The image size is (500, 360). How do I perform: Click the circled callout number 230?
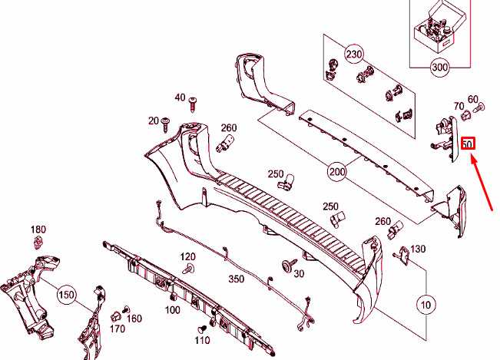point(354,54)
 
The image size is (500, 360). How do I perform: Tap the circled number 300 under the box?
point(440,68)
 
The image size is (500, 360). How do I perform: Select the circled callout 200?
point(336,172)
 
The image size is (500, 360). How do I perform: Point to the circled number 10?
point(426,305)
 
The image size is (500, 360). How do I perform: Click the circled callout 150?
point(67,295)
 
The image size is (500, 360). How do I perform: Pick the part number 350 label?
point(237,279)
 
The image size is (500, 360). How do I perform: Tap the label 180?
point(38,230)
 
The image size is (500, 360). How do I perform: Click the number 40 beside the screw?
point(180,97)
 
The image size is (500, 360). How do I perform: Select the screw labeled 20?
point(165,124)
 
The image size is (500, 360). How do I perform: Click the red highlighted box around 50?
point(468,144)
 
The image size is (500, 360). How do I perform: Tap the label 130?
point(418,249)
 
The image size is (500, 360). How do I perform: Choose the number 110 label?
point(203,340)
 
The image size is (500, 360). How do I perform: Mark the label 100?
point(173,309)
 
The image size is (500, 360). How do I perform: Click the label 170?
point(118,329)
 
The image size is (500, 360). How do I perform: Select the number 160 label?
point(134,319)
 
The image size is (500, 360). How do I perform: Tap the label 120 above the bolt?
point(188,256)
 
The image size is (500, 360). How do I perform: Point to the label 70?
point(459,106)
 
